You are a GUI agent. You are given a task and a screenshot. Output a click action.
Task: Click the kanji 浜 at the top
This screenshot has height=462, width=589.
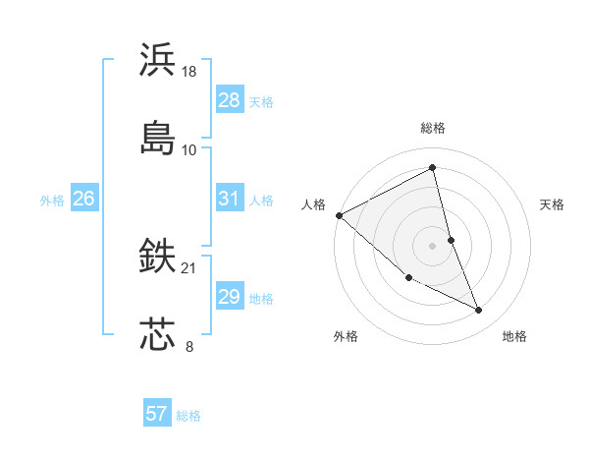[158, 60]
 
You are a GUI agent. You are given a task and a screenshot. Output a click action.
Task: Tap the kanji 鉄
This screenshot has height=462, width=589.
[158, 257]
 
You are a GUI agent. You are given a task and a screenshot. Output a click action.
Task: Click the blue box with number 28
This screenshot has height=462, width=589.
[229, 100]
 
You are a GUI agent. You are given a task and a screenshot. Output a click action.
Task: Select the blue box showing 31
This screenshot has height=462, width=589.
[229, 199]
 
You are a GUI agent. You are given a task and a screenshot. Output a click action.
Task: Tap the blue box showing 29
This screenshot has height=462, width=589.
[229, 297]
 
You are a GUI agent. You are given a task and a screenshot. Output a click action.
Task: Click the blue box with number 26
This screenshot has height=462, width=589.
[83, 199]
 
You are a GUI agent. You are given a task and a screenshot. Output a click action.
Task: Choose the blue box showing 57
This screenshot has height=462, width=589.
[157, 414]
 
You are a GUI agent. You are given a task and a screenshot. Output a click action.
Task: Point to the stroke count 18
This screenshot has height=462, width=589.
[189, 72]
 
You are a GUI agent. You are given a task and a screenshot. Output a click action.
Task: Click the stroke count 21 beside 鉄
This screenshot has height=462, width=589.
[189, 268]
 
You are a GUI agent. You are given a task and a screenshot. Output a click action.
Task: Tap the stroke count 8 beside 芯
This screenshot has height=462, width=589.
[189, 345]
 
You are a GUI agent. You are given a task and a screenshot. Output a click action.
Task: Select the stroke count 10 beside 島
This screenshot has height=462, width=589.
[189, 149]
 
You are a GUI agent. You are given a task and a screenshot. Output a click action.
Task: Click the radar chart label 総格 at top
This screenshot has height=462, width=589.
[433, 128]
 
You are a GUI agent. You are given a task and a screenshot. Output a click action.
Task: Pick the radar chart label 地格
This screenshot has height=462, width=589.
[514, 336]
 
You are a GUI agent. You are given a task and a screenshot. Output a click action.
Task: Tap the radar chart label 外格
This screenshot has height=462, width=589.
[346, 336]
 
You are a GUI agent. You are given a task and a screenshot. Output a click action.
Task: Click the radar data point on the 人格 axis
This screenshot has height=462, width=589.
[339, 215]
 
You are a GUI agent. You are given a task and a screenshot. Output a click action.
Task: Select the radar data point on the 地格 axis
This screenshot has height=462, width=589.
[479, 311]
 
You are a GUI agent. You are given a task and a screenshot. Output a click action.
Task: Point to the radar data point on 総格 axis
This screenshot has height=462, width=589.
[433, 167]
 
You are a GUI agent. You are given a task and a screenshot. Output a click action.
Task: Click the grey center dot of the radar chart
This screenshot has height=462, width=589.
[433, 246]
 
